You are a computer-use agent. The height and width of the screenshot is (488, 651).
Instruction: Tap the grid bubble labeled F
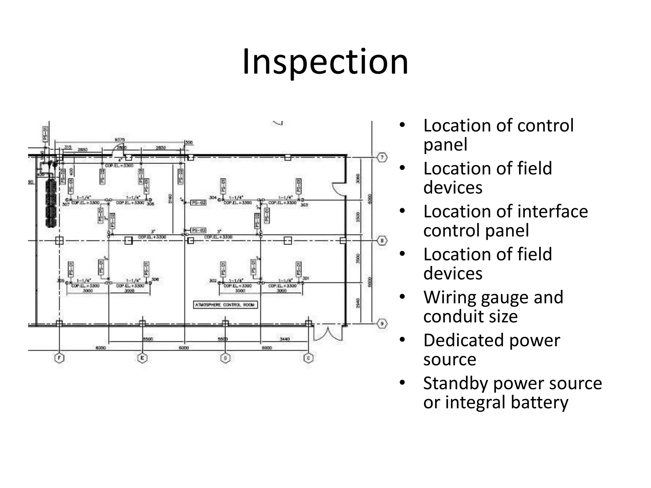59,358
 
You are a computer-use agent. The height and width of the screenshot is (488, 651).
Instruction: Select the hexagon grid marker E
142,358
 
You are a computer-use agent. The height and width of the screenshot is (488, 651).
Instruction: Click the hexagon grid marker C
308,358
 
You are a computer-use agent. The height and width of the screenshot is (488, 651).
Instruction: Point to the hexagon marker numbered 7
382,157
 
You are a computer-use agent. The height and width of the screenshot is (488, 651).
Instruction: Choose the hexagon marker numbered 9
382,324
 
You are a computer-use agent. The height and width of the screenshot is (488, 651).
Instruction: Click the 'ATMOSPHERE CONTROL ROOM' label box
225,305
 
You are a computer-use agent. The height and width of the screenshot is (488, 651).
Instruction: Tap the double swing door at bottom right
328,334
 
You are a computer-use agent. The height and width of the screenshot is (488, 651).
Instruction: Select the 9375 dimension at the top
120,140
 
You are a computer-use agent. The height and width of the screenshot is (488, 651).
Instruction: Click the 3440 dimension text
284,339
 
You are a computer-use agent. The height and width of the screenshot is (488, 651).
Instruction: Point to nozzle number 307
66,204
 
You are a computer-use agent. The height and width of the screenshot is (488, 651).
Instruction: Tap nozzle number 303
304,205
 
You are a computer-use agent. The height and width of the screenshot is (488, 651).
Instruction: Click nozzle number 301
305,278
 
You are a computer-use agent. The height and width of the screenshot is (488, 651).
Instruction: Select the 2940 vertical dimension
358,303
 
